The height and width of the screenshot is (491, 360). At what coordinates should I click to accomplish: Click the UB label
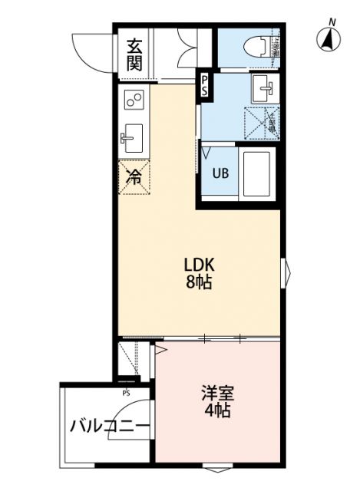coord(220,173)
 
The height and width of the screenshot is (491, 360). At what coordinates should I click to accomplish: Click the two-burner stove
coord(135,101)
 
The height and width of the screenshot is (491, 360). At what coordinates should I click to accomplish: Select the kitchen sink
coord(131,138)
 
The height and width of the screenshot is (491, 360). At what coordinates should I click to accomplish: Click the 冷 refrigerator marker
coord(134,178)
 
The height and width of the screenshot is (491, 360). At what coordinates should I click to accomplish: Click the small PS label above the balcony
coord(126,393)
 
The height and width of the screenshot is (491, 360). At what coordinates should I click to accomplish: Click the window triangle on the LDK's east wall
coord(286,269)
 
